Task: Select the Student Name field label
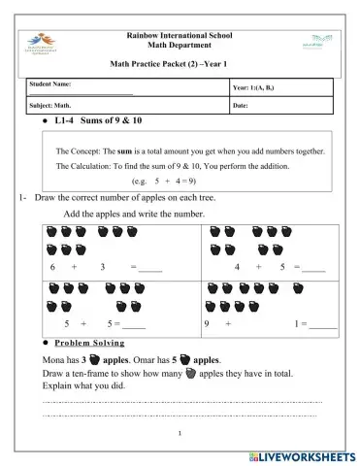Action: (x=53, y=84)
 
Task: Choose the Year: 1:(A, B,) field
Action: (x=261, y=88)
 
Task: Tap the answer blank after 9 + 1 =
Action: (x=324, y=325)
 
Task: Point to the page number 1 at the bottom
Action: (x=181, y=434)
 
